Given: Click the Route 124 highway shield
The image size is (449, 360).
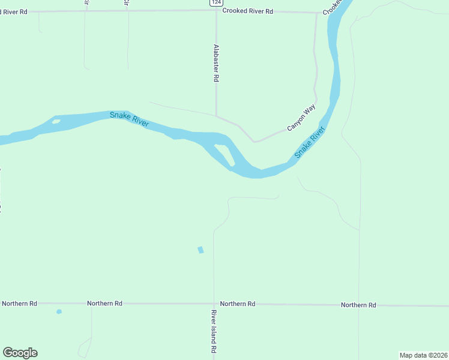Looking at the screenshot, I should tap(215, 3).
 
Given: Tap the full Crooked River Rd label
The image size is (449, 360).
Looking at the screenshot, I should tap(247, 11).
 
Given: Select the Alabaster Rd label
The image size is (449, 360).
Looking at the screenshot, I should tap(215, 62).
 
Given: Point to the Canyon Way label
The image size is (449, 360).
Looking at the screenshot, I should tap(301, 118).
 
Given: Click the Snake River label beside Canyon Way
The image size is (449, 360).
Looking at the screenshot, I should tap(310, 142).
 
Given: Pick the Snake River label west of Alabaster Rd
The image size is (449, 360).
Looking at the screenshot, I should tap(129, 118).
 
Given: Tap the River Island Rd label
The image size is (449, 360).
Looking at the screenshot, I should tap(213, 331).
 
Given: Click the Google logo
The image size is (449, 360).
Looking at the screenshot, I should tap(20, 353).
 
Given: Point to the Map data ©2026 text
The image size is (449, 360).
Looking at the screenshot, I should tap(423, 355).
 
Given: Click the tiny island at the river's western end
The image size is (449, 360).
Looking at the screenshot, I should tap(56, 122).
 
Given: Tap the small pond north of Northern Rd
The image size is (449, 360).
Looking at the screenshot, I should tap(200, 250).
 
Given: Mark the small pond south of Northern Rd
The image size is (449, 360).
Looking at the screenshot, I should tap(59, 311).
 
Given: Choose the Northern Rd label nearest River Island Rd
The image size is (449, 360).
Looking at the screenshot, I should tap(238, 304).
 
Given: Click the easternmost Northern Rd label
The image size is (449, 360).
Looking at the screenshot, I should tap(358, 305).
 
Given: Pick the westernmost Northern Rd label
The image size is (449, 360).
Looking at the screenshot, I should tap(19, 304).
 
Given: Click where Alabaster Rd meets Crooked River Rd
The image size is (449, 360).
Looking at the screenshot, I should tap(216, 11).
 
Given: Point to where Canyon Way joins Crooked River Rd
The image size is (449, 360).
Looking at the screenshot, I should tap(316, 13).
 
